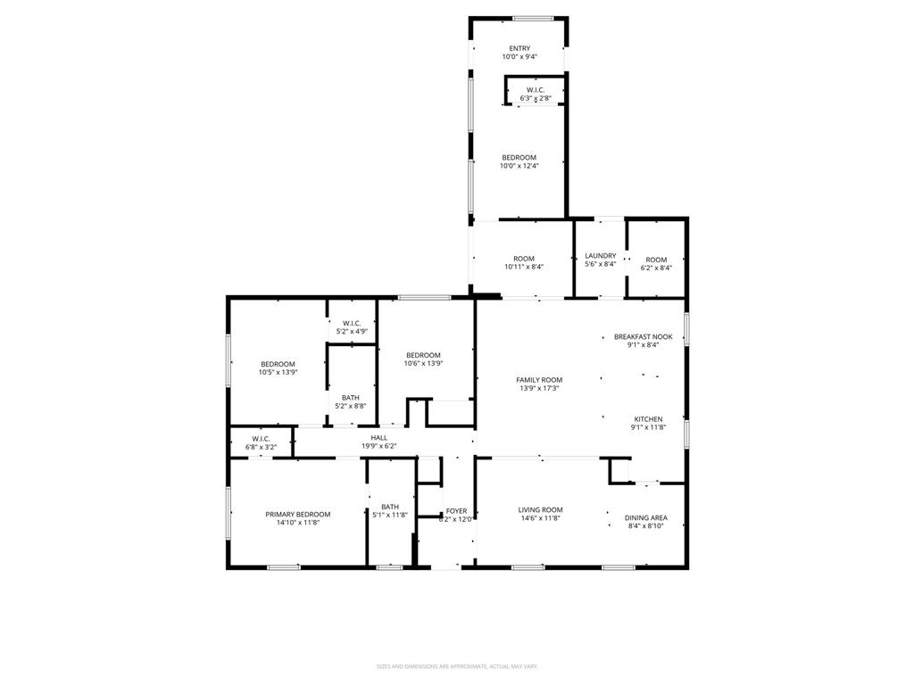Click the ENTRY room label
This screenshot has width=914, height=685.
tap(519, 48)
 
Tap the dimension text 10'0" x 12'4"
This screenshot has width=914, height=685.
tap(519, 166)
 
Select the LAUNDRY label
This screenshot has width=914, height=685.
tap(600, 256)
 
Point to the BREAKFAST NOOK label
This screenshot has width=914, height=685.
tap(649, 337)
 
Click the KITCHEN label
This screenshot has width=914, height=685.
tap(648, 419)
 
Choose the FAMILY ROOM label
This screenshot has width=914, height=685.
tap(539, 380)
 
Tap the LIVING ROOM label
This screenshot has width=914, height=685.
tap(541, 510)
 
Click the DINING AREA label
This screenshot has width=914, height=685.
tap(645, 518)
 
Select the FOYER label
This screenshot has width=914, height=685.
tap(456, 511)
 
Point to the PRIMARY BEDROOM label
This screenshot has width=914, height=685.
tap(298, 515)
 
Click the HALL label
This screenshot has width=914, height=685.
tap(379, 438)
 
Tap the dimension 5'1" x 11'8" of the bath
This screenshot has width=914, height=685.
tap(390, 516)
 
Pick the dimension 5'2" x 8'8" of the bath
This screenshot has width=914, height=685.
tap(351, 406)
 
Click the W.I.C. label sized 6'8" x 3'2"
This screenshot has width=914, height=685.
tap(261, 439)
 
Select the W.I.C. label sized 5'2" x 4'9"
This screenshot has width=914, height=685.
tap(351, 323)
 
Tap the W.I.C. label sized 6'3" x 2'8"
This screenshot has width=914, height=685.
tap(536, 90)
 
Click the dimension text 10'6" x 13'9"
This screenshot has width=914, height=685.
tap(423, 363)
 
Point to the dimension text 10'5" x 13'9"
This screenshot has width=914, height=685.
tap(278, 372)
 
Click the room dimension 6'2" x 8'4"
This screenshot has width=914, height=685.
tap(656, 268)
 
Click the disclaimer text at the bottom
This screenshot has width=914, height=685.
tap(457, 666)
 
